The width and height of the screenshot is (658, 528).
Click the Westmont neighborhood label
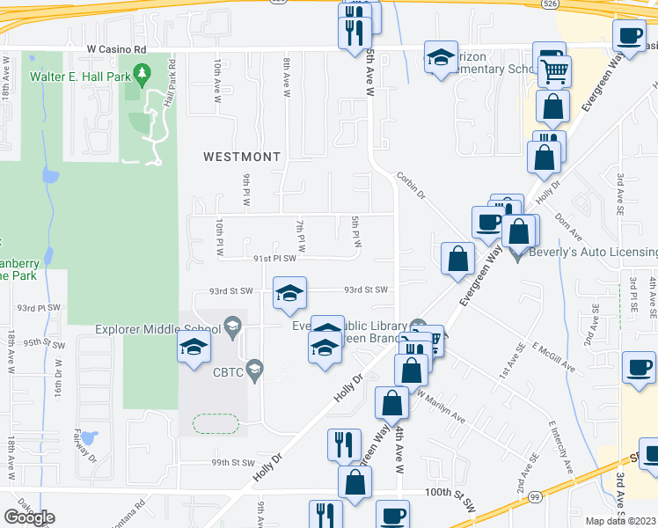(x=241, y=157)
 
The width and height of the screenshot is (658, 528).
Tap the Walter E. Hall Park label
(x=79, y=77)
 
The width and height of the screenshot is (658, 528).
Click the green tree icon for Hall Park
(x=142, y=77)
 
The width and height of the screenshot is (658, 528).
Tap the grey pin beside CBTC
(x=255, y=367)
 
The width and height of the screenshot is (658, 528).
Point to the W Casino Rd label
(x=115, y=51)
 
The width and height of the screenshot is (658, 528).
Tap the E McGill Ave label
(x=552, y=353)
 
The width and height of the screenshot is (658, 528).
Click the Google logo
(x=30, y=517)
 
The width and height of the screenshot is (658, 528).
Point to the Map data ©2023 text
(x=621, y=521)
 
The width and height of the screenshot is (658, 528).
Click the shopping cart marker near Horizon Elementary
(x=555, y=72)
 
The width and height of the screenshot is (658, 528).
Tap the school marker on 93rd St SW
(x=289, y=295)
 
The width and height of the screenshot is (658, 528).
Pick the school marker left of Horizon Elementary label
(x=441, y=59)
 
